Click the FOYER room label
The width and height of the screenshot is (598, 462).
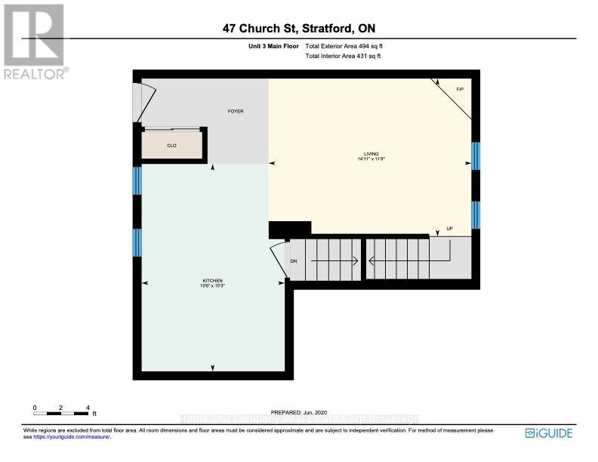click(x=236, y=112)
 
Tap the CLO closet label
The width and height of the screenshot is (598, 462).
click(x=171, y=146)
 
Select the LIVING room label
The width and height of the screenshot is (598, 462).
click(x=369, y=154)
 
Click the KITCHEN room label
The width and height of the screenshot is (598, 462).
click(x=212, y=280)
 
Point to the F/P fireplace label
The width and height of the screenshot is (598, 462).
click(x=459, y=91)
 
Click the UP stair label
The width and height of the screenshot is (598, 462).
click(x=450, y=229)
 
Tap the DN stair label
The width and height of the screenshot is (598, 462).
click(x=294, y=262)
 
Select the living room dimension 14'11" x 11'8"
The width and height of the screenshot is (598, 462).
click(x=369, y=159)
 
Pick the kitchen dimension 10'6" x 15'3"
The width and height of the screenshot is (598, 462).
click(x=212, y=285)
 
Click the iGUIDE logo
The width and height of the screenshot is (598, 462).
click(x=549, y=433)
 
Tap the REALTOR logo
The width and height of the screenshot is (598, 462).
click(x=34, y=42)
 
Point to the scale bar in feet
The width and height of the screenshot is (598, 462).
click(x=62, y=413)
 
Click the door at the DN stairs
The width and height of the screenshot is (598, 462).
click(x=278, y=259)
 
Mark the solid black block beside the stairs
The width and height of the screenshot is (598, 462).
click(x=290, y=229)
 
